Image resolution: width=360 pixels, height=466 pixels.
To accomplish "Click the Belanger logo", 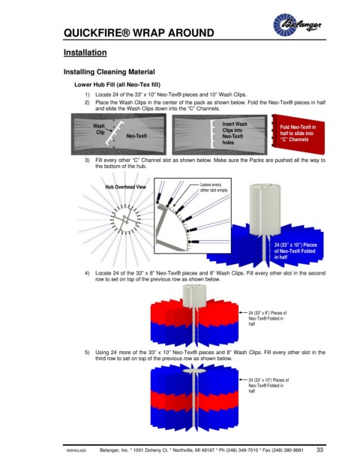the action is click(297, 24).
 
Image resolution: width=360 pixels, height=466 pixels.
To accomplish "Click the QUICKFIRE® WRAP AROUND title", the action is click(139, 33).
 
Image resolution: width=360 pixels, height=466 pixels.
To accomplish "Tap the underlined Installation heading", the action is click(85, 53).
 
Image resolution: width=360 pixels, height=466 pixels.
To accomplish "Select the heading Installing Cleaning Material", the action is click(109, 72).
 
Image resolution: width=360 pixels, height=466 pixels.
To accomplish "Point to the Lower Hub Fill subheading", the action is click(117, 85).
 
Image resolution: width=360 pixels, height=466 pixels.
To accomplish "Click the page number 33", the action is click(319, 449).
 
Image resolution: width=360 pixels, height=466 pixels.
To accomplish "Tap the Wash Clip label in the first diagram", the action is click(99, 129).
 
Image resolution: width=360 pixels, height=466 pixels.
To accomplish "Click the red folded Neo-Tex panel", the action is click(298, 134).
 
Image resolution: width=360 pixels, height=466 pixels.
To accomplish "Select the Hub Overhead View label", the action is click(125, 187).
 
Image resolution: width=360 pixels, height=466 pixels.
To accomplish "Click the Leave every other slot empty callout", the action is click(214, 188).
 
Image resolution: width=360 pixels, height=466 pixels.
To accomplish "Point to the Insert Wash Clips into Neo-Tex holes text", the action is click(234, 133).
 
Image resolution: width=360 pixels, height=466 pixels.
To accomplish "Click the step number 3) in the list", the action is click(87, 160).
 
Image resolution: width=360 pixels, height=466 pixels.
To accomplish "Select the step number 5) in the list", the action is click(87, 353).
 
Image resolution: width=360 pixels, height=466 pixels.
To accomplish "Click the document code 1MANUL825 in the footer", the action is click(76, 450).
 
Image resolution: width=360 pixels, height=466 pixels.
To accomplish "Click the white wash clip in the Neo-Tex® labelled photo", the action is click(114, 133).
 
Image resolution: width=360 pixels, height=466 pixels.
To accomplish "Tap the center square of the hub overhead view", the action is click(126, 220).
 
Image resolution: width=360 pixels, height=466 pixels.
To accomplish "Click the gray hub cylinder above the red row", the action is click(195, 296).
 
